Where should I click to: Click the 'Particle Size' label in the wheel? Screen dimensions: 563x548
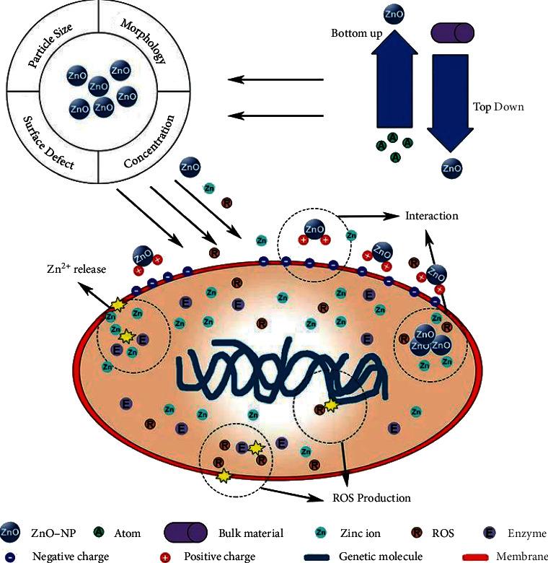coord(53,44)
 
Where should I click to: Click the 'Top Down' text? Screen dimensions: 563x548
coord(498,106)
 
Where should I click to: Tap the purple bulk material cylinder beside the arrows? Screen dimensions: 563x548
coord(452,32)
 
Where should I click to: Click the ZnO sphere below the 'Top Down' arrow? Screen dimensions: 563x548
coord(451,169)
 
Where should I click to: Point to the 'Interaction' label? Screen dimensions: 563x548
coord(431,215)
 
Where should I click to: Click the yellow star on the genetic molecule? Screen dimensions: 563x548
coord(332,406)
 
